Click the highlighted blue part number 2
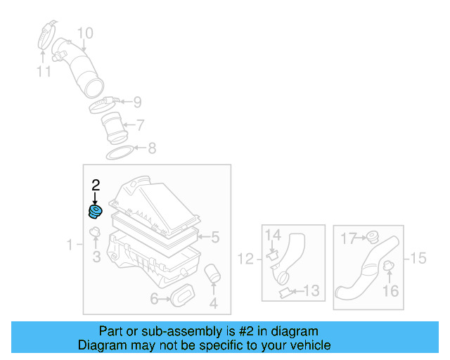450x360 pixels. [94, 212]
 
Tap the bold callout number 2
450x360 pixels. [96, 186]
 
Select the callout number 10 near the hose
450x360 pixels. [84, 33]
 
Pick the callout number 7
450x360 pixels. [141, 125]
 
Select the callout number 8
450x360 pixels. [150, 148]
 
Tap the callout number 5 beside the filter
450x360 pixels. [215, 238]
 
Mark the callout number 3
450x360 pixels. [97, 257]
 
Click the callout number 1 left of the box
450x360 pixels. [70, 245]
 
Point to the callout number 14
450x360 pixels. [273, 234]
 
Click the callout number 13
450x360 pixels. [311, 290]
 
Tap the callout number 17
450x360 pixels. [349, 238]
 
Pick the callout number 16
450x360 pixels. [391, 290]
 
